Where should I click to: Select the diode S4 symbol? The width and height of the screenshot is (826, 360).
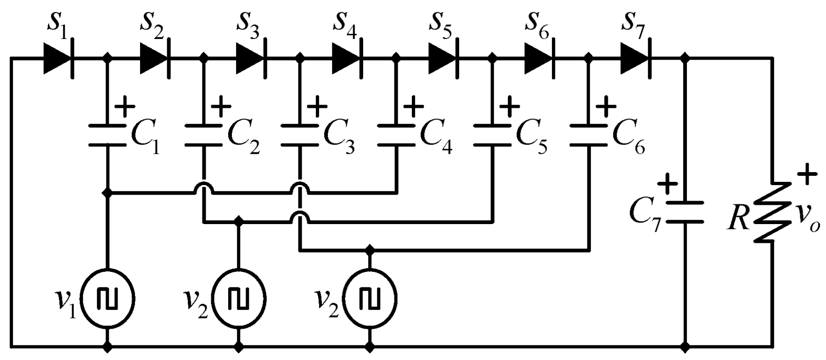click(347, 59)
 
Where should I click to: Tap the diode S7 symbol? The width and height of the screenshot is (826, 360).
click(636, 59)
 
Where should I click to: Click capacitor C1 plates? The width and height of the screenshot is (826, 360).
click(108, 135)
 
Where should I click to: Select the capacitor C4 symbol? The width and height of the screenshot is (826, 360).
click(396, 135)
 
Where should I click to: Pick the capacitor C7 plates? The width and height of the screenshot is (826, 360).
click(685, 212)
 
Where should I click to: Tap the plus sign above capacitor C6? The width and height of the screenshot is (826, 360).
click(608, 107)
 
